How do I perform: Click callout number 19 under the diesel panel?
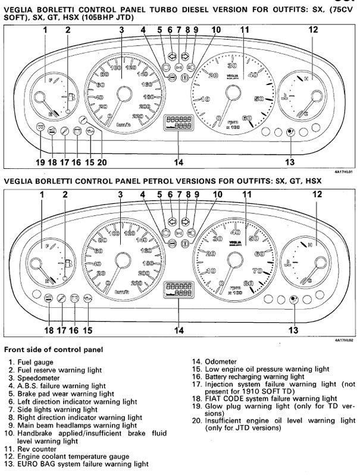click(40, 162)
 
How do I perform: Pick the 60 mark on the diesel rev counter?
click(247, 118)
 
